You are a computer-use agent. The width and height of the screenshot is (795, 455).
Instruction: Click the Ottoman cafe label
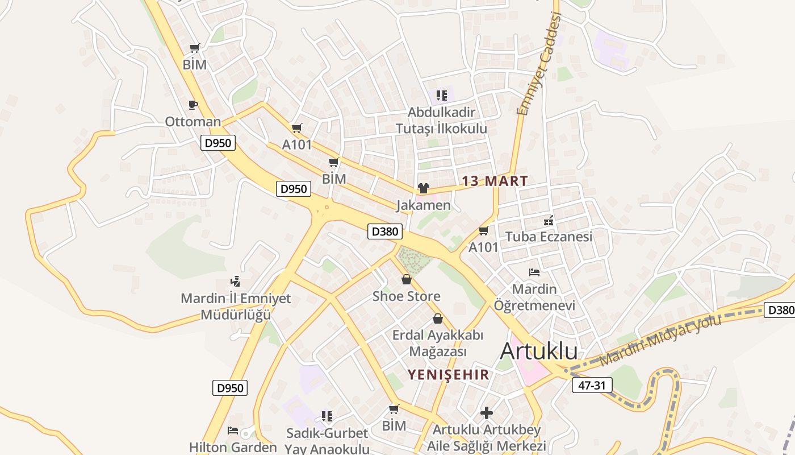(x=193, y=122)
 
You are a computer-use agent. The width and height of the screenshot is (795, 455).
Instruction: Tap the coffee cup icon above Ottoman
(x=193, y=105)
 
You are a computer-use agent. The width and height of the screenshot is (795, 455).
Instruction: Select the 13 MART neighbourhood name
(x=495, y=181)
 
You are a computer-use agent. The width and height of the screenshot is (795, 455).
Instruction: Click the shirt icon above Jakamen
(x=423, y=188)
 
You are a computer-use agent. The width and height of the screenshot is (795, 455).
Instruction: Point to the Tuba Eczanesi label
(x=549, y=237)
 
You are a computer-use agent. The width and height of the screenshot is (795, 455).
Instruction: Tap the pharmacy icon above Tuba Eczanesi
(x=549, y=220)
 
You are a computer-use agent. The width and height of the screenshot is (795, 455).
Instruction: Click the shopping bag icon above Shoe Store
(x=407, y=279)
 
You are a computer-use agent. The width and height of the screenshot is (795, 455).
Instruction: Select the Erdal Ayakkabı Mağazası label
(x=438, y=343)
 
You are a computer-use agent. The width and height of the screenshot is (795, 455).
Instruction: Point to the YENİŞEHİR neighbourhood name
(x=449, y=374)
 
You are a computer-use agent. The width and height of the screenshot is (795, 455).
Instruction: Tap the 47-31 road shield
(x=592, y=385)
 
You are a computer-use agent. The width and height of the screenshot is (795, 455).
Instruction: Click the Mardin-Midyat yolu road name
(x=660, y=341)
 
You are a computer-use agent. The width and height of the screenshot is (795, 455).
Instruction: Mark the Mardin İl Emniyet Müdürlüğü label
(x=236, y=307)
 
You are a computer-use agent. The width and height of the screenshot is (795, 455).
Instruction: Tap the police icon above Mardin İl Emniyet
(x=235, y=281)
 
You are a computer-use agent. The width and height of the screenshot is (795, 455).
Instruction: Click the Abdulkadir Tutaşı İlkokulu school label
(x=441, y=120)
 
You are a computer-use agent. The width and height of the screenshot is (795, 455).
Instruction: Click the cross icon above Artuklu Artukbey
(x=487, y=413)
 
